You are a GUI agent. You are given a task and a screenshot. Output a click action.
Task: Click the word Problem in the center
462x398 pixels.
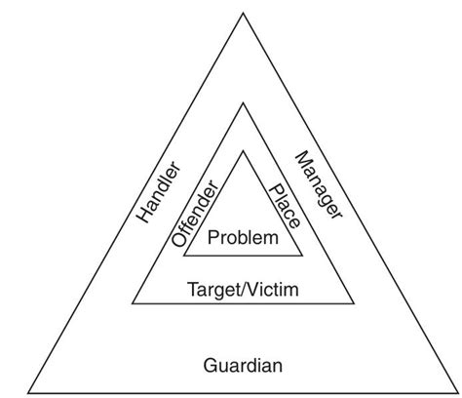point(244,237)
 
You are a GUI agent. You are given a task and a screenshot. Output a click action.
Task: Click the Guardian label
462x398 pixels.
point(244,367)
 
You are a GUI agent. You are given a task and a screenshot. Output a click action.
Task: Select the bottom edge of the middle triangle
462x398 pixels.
point(244,303)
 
